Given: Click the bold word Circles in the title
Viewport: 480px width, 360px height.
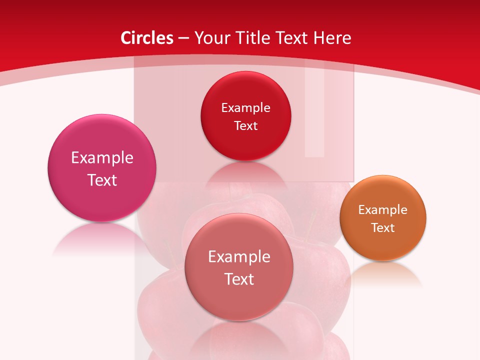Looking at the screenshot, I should click(146, 38).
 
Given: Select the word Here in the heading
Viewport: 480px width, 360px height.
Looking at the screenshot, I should click(332, 38).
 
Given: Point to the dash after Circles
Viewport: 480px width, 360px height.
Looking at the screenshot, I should click(183, 38).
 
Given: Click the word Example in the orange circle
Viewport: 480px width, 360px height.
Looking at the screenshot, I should click(383, 210).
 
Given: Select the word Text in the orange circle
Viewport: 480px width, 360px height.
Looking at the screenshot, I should click(383, 228).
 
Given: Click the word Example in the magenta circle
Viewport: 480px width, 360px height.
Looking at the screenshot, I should click(102, 158).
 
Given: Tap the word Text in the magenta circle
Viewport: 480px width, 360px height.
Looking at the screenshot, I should click(102, 180).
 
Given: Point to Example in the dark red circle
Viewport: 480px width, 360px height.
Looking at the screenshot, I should click(246, 108).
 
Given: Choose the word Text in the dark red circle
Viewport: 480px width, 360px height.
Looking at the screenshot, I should click(246, 126).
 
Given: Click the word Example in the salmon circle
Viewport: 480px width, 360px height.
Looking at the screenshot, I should click(239, 257).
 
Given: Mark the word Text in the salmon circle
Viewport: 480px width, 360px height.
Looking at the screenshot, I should click(239, 279).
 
